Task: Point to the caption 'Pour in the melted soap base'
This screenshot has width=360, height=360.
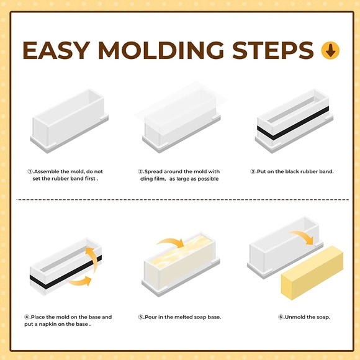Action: point(179,317)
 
